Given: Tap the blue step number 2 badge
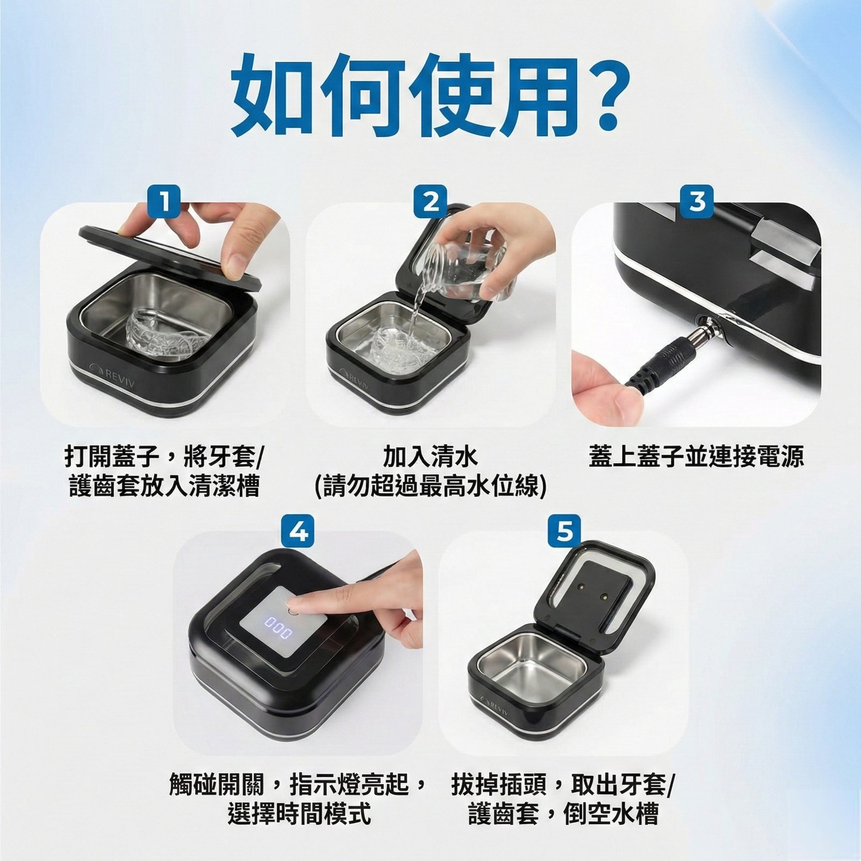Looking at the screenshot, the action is [x=430, y=201].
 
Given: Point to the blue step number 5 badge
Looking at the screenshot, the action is [x=564, y=531].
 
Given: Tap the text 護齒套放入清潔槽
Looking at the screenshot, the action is [x=165, y=487].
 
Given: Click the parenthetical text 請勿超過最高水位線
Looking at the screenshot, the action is [x=430, y=487].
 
